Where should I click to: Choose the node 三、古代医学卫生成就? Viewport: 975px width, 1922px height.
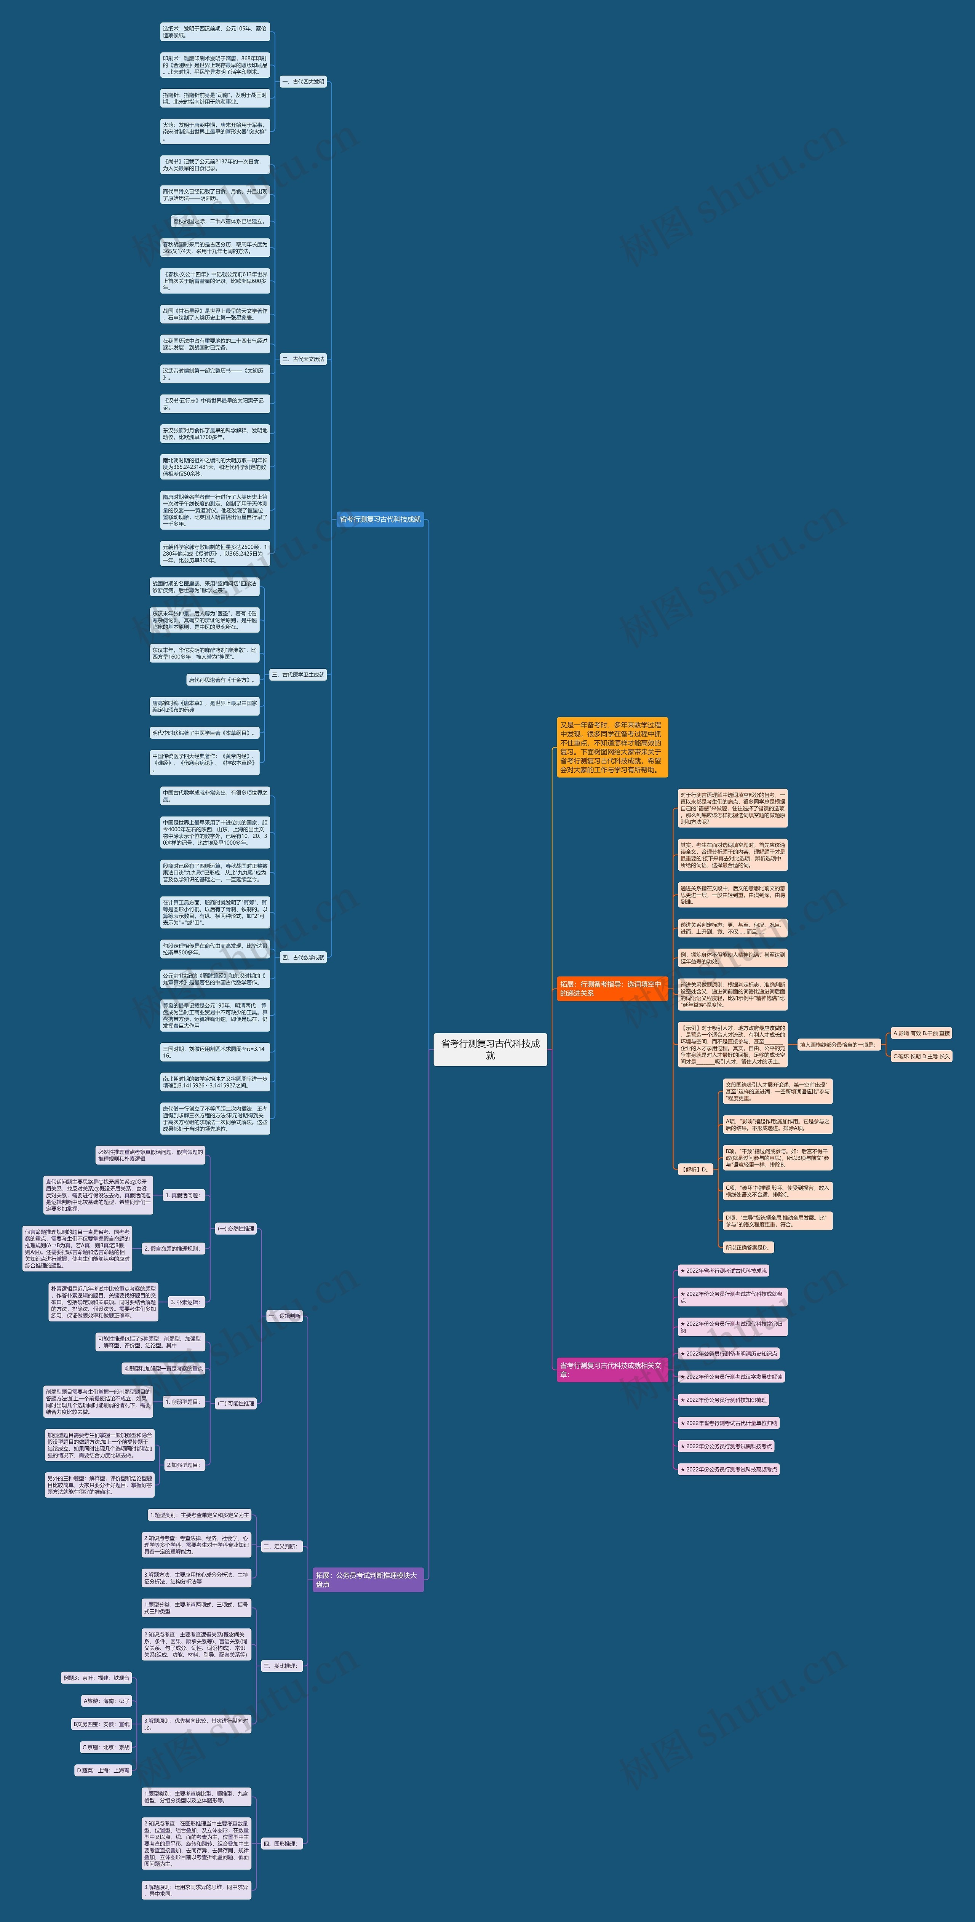pos(298,674)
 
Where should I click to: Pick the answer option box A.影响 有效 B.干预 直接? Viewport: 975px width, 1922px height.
pos(921,1034)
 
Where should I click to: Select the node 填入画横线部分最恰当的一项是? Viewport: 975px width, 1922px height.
pos(837,1045)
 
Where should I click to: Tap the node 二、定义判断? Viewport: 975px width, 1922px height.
pos(280,1547)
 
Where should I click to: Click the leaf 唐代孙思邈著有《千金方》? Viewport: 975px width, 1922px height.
pos(222,680)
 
